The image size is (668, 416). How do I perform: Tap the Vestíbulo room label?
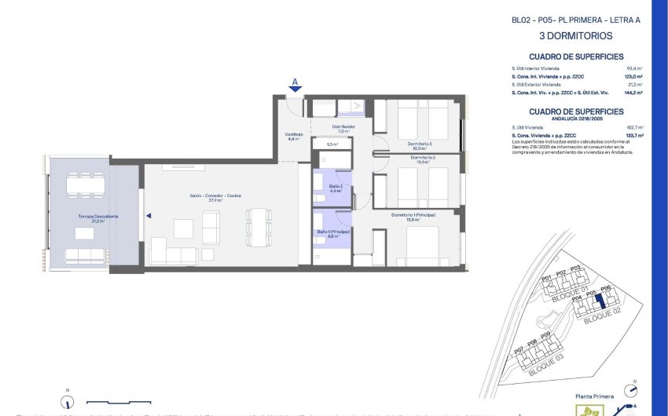[x=294, y=137]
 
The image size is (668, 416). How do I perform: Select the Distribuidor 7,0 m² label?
[x=343, y=128]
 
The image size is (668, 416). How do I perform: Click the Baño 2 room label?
[x=335, y=188]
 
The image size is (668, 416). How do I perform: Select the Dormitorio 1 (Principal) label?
[x=413, y=217]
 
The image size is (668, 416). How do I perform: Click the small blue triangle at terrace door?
[x=148, y=213]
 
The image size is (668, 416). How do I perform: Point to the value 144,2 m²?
[x=633, y=93]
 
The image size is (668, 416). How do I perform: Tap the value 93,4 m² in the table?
[x=634, y=69]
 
